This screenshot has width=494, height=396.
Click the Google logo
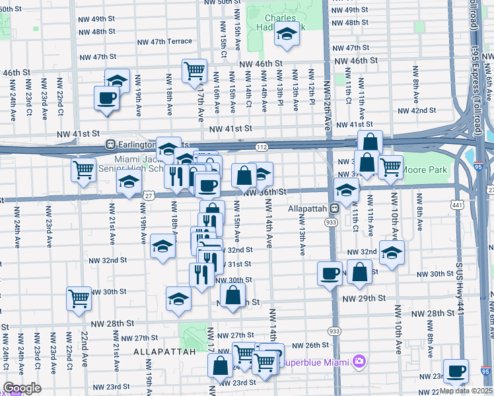(22, 388)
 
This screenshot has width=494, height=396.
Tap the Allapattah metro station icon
(335, 208)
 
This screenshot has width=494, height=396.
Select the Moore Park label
(425, 170)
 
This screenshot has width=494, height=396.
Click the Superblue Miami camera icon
(359, 362)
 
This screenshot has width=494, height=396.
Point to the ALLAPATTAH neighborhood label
(164, 352)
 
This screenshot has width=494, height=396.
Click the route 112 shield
(262, 147)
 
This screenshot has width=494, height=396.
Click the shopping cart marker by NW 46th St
(195, 71)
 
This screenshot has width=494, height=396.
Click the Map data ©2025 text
(468, 391)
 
